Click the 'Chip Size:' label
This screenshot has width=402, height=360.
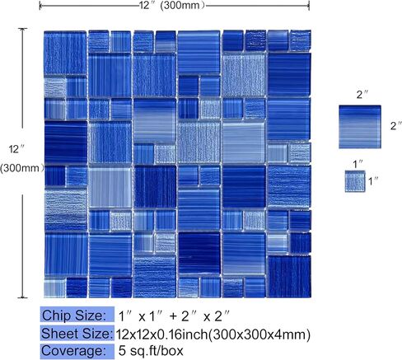click(73, 315)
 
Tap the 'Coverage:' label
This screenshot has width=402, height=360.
click(73, 351)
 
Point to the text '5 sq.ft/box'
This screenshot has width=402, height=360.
click(151, 351)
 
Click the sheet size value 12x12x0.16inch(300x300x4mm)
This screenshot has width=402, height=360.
click(213, 334)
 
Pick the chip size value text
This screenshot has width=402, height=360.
click(174, 316)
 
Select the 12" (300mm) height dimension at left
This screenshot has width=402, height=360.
click(21, 159)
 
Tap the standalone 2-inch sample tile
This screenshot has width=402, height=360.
click(360, 127)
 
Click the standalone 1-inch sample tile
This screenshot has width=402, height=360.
click(355, 181)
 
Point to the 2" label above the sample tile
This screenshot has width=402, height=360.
click(362, 95)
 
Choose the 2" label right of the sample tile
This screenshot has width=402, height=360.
click(396, 126)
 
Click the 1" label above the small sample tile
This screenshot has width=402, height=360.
click(358, 164)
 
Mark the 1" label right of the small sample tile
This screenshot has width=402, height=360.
click(373, 181)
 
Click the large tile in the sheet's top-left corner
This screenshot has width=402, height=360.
click(65, 53)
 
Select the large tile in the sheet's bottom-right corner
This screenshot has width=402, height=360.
click(289, 276)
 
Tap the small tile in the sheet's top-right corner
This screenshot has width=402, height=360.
click(300, 40)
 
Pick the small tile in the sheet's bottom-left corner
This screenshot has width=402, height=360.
click(54, 288)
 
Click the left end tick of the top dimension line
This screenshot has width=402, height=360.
click(40, 6)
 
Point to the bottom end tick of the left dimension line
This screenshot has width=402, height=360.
click(22, 297)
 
